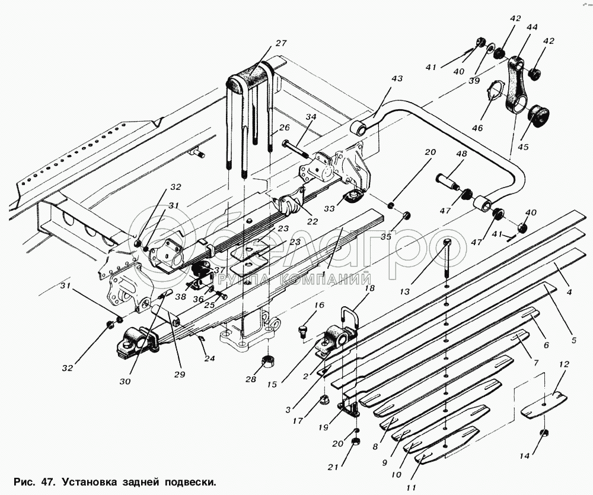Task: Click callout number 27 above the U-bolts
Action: pyautogui.click(x=280, y=43)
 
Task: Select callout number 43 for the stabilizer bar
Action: pyautogui.click(x=397, y=78)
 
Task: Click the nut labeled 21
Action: pyautogui.click(x=356, y=442)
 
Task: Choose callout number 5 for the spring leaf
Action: pyautogui.click(x=573, y=340)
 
